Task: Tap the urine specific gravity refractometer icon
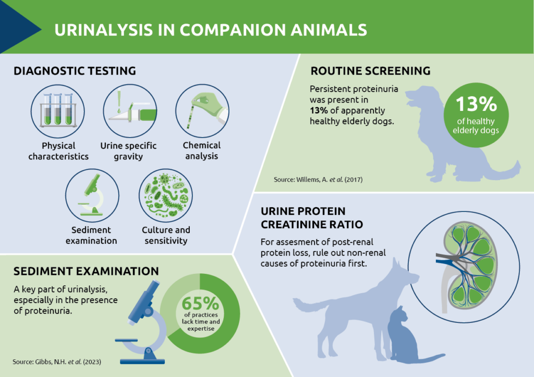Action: coord(128,110)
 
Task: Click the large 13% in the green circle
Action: coord(476,104)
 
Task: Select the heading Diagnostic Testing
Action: coord(75,71)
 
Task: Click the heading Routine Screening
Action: coord(370,71)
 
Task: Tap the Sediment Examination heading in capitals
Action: coord(86,271)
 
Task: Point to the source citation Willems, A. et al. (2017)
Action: coord(318,180)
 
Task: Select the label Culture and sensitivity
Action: coord(166,235)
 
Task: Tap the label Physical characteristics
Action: coord(58,150)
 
